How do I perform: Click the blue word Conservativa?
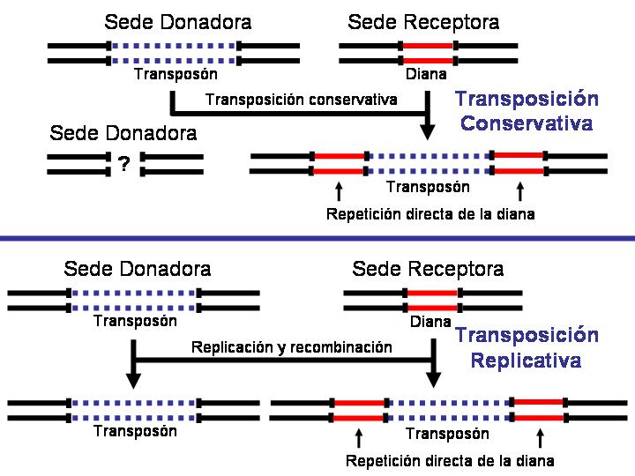(526, 123)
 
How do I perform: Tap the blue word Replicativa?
(526, 361)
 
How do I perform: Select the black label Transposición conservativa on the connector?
(301, 100)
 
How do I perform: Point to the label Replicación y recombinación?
(291, 347)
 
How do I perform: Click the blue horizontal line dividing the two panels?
(317, 238)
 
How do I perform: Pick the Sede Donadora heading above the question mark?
(123, 134)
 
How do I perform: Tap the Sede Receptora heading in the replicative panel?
(428, 268)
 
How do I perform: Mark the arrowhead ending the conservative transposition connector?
(428, 131)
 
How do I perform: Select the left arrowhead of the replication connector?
(134, 378)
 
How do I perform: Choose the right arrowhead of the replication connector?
(434, 378)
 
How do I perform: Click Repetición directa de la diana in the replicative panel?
(450, 461)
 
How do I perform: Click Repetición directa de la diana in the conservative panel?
(430, 214)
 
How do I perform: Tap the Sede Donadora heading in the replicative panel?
(138, 268)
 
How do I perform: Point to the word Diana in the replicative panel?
(430, 322)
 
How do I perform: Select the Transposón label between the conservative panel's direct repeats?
(428, 187)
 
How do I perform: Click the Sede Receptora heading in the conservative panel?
(423, 22)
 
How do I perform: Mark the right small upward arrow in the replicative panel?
(540, 436)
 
